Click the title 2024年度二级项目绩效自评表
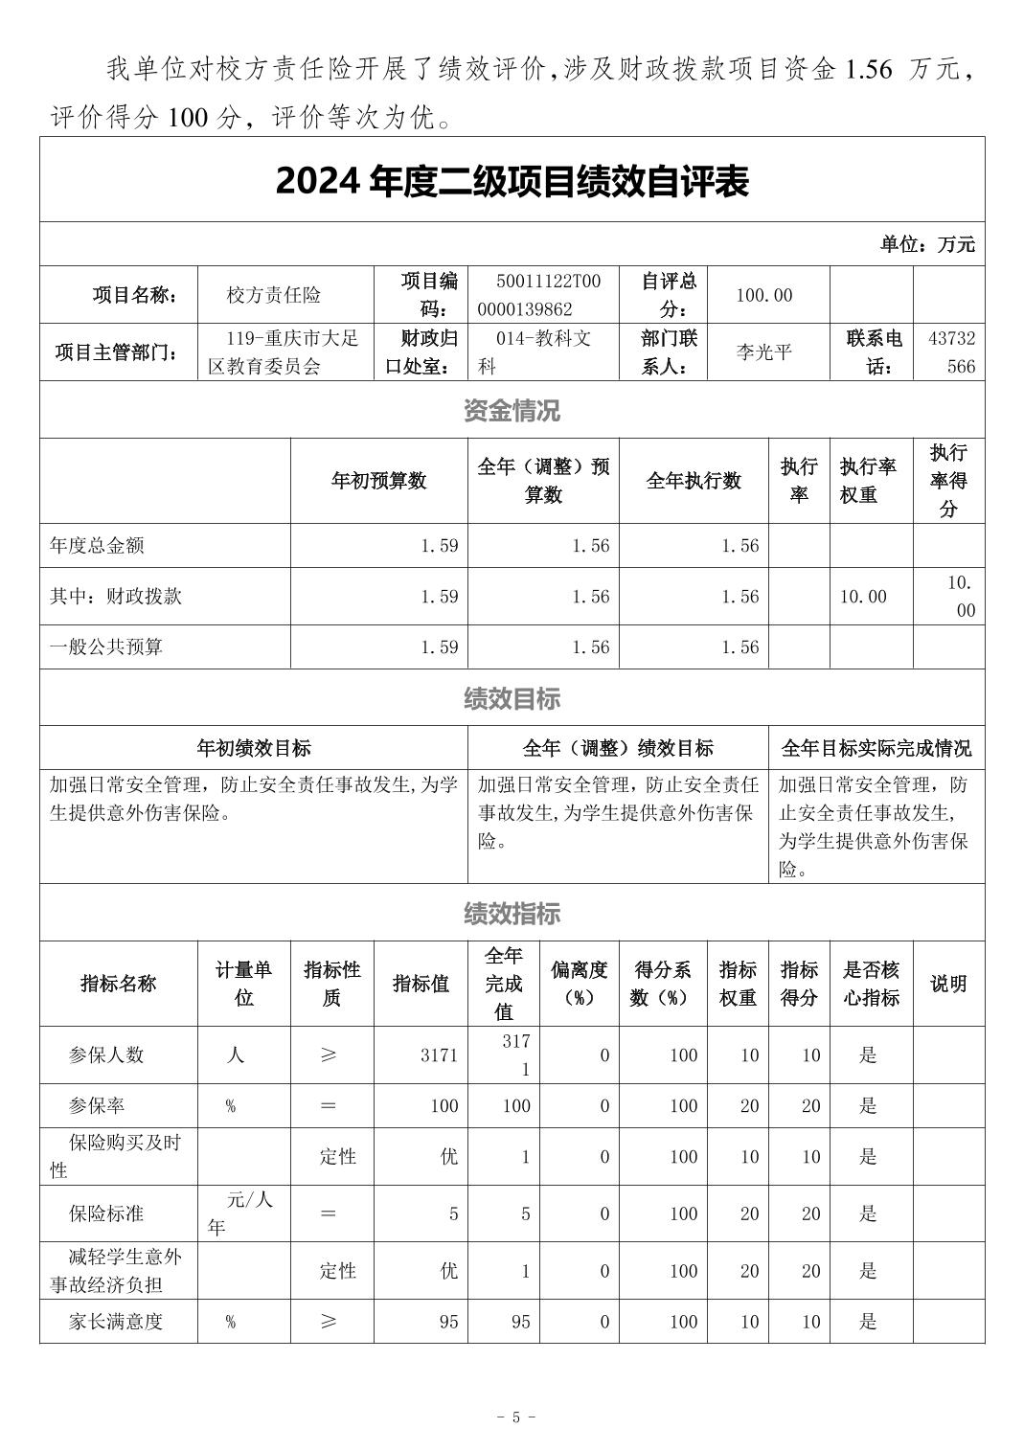tap(512, 181)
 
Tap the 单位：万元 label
tap(926, 244)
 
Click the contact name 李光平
tap(763, 351)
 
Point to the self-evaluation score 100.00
tap(763, 295)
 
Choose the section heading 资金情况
tap(512, 411)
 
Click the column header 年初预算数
tap(378, 481)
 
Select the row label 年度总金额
tap(97, 546)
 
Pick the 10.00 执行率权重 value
tap(863, 597)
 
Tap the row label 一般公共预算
tap(106, 647)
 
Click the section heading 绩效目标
tap(512, 699)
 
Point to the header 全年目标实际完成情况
tap(876, 748)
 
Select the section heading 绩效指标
tap(512, 914)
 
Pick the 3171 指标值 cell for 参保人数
tap(439, 1055)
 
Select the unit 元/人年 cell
tap(242, 1213)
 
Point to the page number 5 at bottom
tap(515, 1417)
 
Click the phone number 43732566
tap(951, 351)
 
